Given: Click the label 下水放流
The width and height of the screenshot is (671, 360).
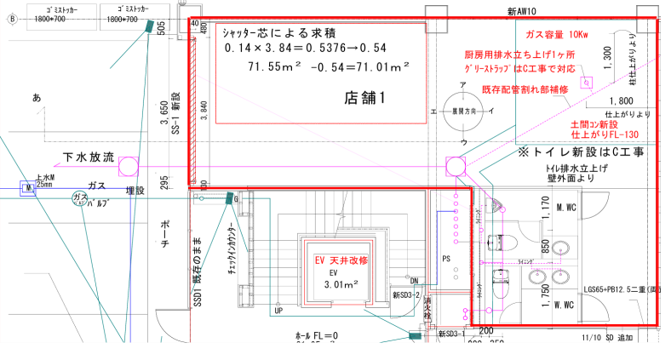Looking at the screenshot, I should coord(89,157).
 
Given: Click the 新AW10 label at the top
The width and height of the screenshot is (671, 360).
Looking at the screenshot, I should coord(520,10).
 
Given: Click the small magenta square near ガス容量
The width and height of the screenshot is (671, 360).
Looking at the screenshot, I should coord(586,83).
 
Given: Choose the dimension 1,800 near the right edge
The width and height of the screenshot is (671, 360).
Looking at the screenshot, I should coord(618,100).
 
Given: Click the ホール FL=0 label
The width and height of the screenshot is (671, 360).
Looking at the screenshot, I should coord(318,337).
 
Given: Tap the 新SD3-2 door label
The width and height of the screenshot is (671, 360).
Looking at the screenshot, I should coord(407,294).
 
